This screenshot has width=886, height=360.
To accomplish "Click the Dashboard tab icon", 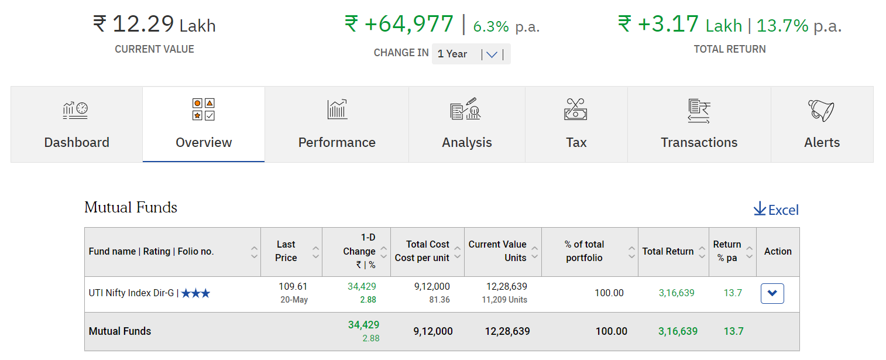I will click(75, 110).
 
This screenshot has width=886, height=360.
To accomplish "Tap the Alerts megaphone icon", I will click(821, 110).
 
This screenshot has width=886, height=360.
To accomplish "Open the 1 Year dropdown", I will click(471, 54).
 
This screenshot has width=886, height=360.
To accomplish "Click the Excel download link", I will click(776, 210).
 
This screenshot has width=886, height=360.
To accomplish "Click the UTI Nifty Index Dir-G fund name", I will click(131, 293).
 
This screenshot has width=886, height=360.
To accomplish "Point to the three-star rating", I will click(195, 293).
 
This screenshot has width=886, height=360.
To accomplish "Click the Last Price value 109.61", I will click(293, 287).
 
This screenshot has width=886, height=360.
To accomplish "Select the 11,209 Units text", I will click(504, 300).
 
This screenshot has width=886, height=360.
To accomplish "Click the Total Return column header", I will click(668, 252).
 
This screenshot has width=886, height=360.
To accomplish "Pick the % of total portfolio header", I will click(584, 252).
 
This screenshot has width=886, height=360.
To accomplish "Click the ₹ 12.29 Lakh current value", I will click(154, 25).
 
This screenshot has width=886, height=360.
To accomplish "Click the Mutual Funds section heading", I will click(131, 207).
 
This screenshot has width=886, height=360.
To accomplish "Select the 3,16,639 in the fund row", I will click(676, 293).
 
